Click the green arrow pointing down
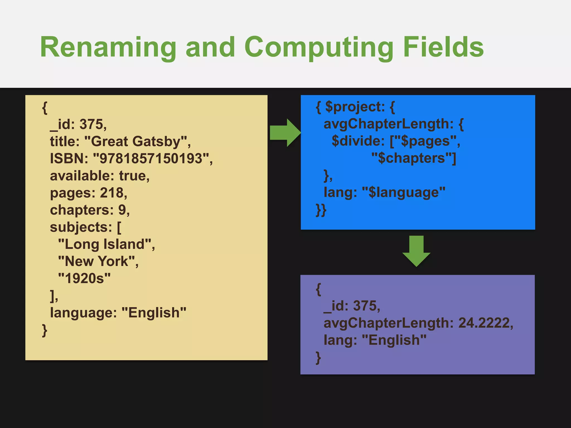tap(416, 251)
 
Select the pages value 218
tap(112, 193)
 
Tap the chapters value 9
tap(122, 210)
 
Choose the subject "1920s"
tap(84, 278)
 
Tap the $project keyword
tap(351, 107)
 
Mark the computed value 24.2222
tap(484, 323)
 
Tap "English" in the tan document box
tap(154, 313)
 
